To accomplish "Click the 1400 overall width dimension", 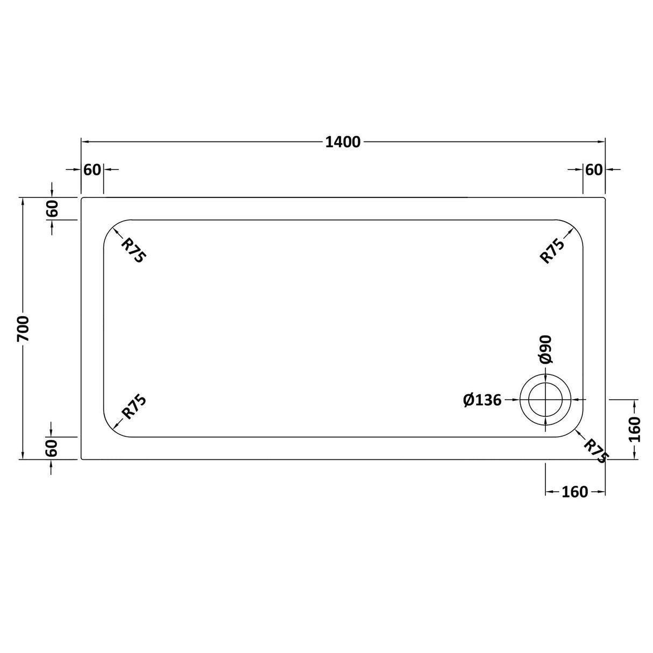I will pyautogui.click(x=343, y=142).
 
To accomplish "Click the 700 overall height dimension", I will pyautogui.click(x=23, y=329).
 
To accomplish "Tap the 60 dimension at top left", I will pyautogui.click(x=92, y=169).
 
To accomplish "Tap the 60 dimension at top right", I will pyautogui.click(x=593, y=169).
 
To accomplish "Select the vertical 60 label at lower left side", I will pyautogui.click(x=52, y=448).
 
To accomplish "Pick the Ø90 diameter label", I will pyautogui.click(x=545, y=349).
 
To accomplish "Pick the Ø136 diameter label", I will pyautogui.click(x=482, y=400).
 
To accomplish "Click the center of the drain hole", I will pyautogui.click(x=545, y=400).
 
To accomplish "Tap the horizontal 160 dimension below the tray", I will pyautogui.click(x=575, y=492).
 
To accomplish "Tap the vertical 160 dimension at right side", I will pyautogui.click(x=635, y=429).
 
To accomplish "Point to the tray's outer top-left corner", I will pyautogui.click(x=82, y=198).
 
